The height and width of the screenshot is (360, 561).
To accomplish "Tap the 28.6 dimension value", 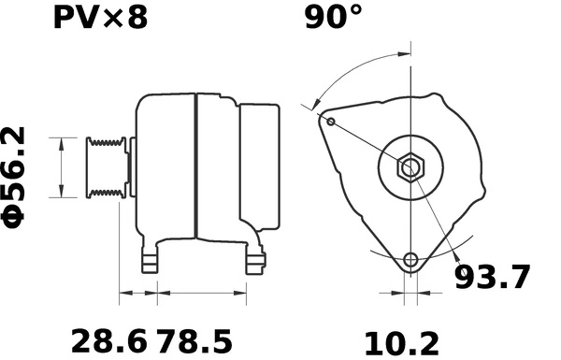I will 108,339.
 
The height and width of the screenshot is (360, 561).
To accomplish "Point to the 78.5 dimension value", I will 194,339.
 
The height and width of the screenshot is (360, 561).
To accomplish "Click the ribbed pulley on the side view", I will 106,167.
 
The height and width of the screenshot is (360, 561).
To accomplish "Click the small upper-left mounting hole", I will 330,120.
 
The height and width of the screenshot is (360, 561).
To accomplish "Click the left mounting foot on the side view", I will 150,261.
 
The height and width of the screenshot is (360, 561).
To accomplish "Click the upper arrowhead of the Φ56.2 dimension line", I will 62,141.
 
